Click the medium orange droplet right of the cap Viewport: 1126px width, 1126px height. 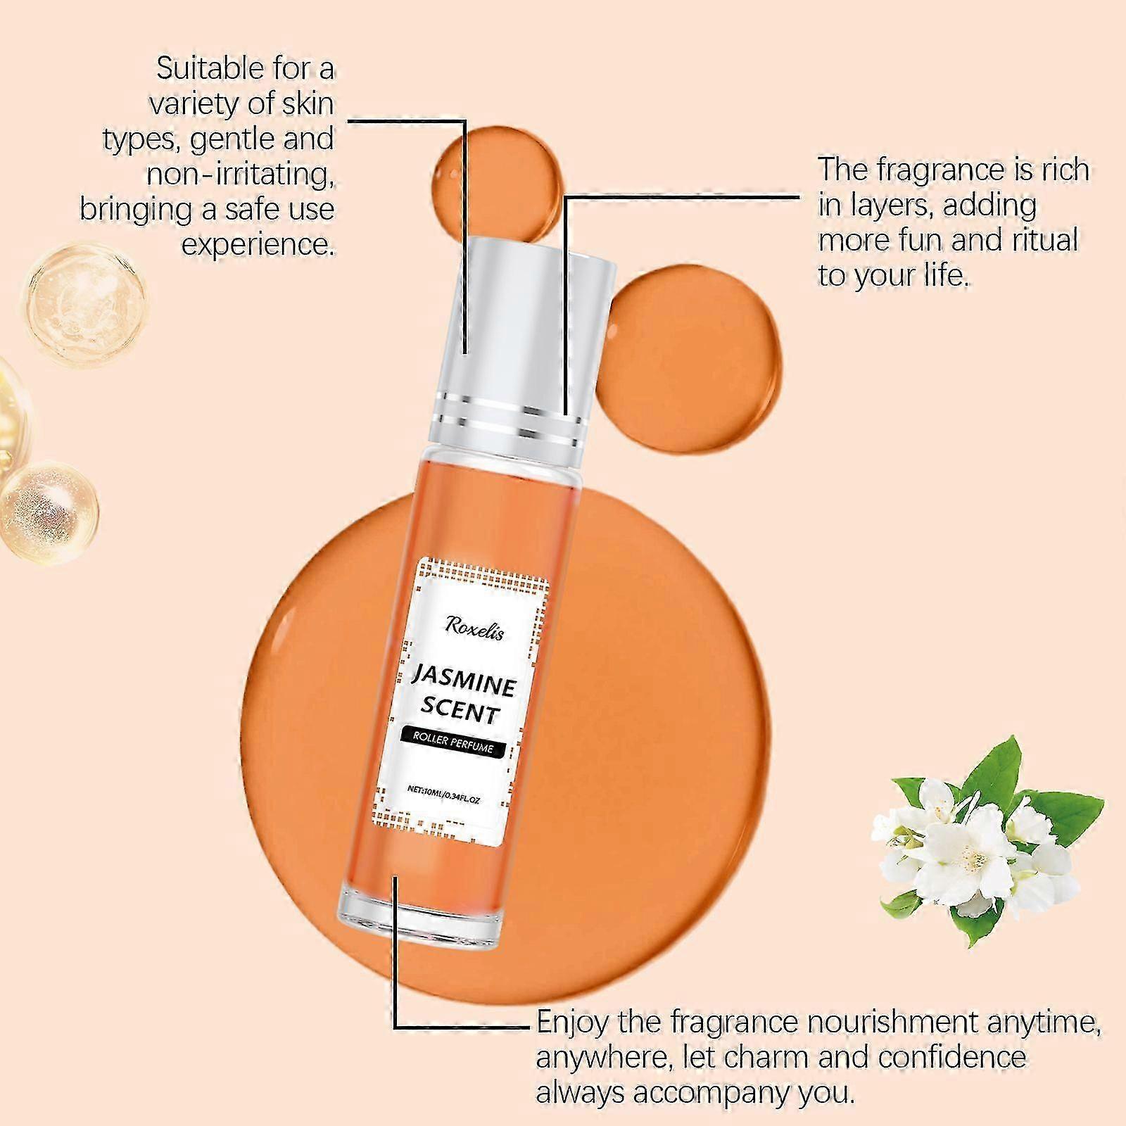pyautogui.click(x=693, y=356)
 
